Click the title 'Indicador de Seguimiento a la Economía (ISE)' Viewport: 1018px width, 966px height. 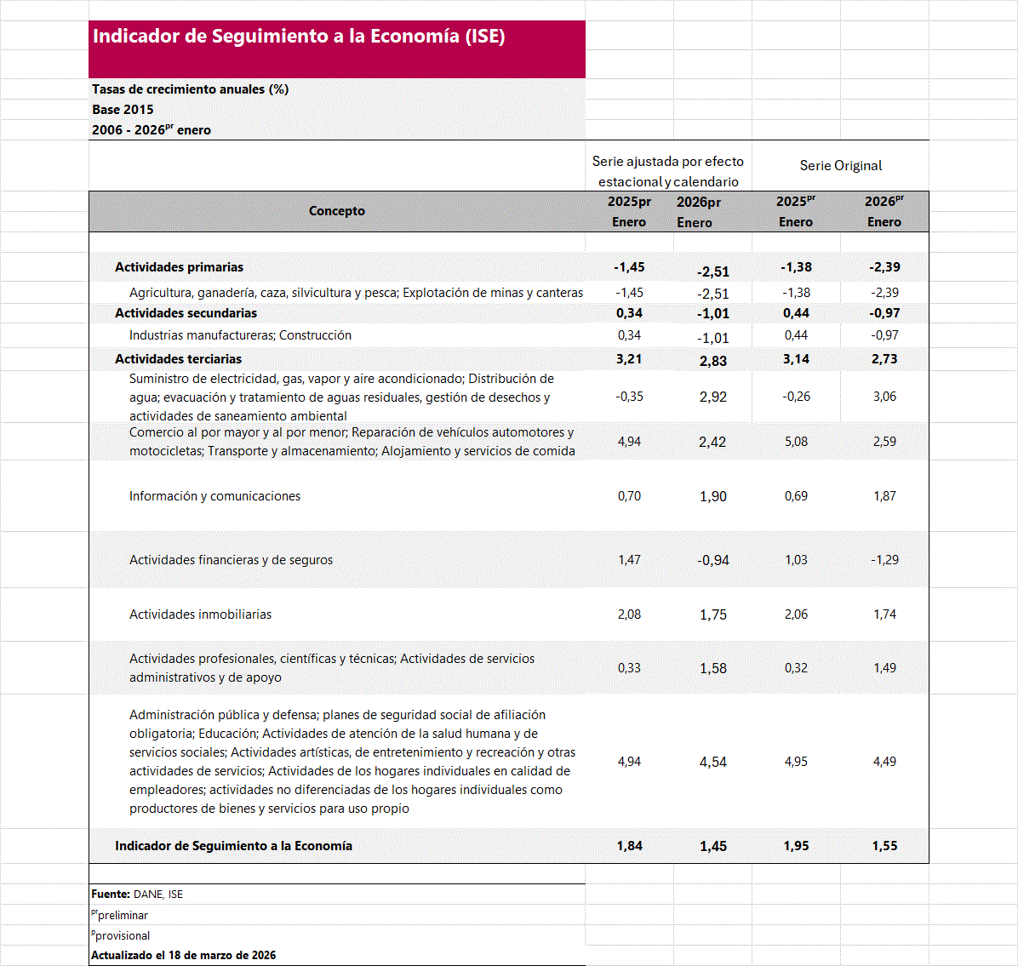(299, 37)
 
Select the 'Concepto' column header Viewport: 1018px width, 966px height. (337, 211)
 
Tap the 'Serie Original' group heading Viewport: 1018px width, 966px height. (841, 166)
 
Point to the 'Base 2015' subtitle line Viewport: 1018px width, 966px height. (123, 110)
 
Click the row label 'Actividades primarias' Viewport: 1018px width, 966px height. (180, 267)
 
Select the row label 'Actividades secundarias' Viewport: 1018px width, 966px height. (186, 313)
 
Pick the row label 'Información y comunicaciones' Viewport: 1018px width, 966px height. (214, 496)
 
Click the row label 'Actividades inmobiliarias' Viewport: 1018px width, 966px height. (200, 614)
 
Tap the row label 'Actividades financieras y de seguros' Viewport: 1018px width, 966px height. (231, 560)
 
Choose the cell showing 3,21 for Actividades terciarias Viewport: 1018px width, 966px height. (629, 359)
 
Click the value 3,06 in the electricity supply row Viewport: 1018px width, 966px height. (884, 397)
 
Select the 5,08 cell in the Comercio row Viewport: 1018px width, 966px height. (796, 442)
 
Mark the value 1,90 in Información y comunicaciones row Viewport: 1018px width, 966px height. (713, 497)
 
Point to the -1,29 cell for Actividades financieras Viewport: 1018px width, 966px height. (884, 560)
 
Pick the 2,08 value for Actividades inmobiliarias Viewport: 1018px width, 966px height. (629, 614)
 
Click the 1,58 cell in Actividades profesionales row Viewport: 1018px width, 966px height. (713, 669)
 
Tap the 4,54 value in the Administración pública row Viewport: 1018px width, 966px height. (713, 763)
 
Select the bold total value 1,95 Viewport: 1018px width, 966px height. (796, 846)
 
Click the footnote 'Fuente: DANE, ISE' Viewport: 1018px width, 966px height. (137, 895)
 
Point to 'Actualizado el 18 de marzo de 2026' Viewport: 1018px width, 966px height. (184, 956)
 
